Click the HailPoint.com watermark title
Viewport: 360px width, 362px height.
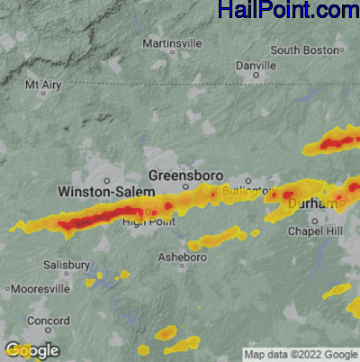point(288,11)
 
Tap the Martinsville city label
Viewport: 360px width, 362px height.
point(173,42)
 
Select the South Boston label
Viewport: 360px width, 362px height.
point(305,50)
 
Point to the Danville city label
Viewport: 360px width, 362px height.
point(255,65)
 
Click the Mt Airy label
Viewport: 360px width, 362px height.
point(43,86)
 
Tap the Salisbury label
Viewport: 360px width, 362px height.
point(67,265)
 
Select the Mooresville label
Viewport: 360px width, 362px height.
point(40,289)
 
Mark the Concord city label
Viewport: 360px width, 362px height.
point(48,321)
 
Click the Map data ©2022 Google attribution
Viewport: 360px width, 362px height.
point(301,354)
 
